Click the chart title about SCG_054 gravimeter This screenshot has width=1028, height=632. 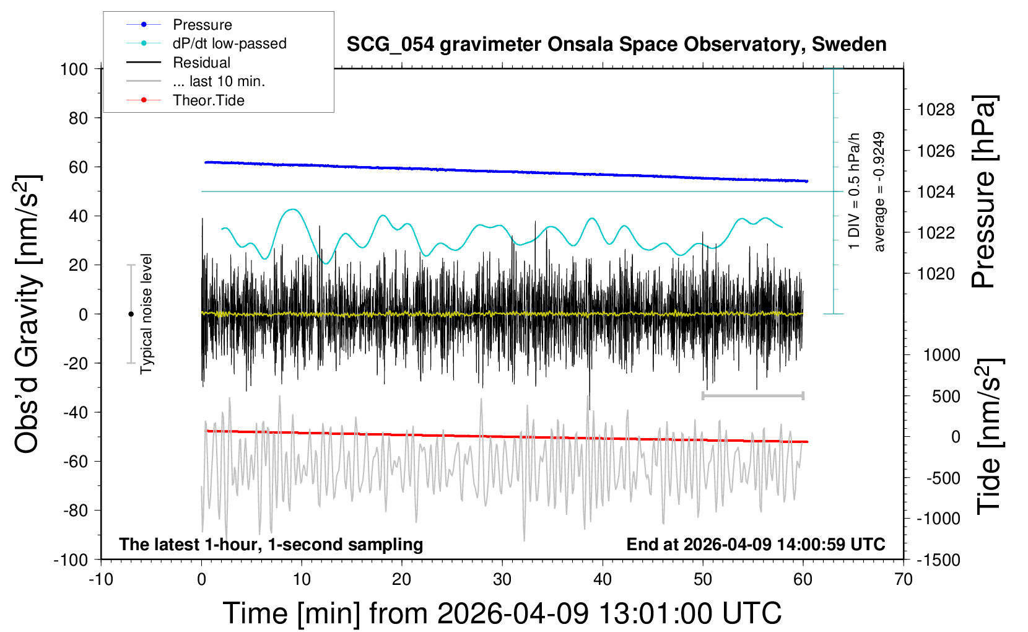tap(616, 45)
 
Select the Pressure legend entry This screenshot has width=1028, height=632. tap(202, 25)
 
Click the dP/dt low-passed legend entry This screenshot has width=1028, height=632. tap(229, 43)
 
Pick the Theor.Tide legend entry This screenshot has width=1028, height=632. tap(208, 100)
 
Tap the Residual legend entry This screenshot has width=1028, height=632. tap(201, 63)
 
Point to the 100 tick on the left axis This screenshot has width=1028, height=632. tap(74, 69)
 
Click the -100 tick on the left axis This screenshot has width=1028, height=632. tap(71, 560)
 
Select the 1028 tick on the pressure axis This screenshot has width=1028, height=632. tap(936, 110)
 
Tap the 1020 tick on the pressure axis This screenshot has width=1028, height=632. tap(936, 273)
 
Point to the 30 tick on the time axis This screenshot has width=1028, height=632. tap(502, 580)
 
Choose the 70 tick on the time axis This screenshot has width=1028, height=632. tap(904, 580)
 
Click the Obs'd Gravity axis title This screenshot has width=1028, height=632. tap(28, 314)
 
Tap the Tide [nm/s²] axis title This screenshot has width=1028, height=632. tap(990, 436)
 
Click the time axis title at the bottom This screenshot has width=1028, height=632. tap(502, 613)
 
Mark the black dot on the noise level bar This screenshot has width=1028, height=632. tap(131, 314)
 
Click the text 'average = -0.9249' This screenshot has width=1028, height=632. tap(879, 191)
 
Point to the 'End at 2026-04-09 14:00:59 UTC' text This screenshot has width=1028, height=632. tap(756, 545)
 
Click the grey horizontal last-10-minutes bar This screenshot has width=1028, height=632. tap(752, 395)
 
